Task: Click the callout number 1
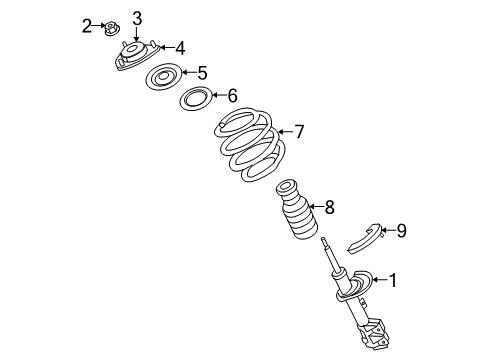click(393, 281)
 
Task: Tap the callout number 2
click(87, 24)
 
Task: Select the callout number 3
click(137, 18)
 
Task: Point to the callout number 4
click(179, 48)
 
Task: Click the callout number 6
click(232, 96)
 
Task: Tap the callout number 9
click(401, 232)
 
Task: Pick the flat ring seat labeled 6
click(194, 99)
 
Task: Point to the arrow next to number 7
click(282, 131)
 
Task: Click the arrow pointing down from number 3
click(137, 34)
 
